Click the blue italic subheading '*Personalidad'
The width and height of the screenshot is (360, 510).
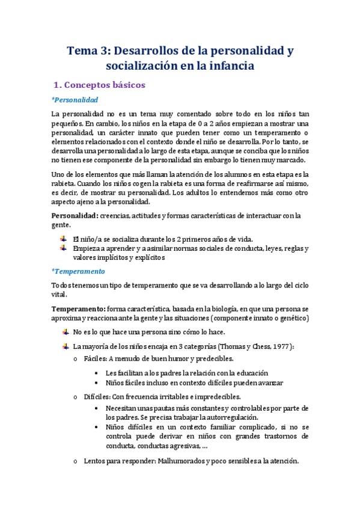75,99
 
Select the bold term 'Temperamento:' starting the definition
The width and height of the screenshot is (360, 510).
78,309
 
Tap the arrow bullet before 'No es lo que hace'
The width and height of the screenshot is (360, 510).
64,332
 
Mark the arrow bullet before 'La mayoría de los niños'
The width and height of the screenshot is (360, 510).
64,346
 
